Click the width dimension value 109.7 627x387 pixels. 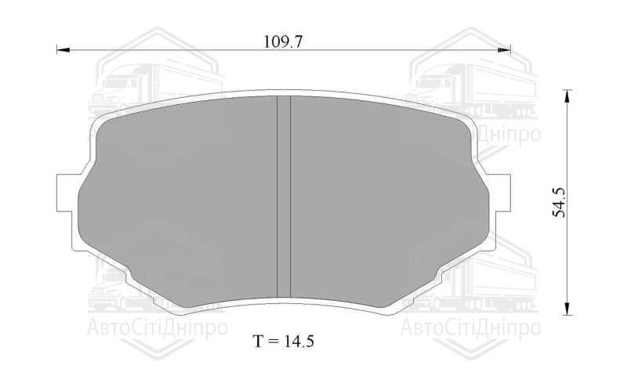tap(284, 42)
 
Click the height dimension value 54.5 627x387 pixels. tap(559, 202)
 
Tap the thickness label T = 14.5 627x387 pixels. tap(284, 341)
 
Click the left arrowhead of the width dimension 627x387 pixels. tap(63, 50)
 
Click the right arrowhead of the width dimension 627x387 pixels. tap(504, 50)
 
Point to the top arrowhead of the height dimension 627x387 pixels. tap(566, 96)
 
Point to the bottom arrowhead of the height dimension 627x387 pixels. tap(566, 308)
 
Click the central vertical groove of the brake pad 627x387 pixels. tap(284, 197)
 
